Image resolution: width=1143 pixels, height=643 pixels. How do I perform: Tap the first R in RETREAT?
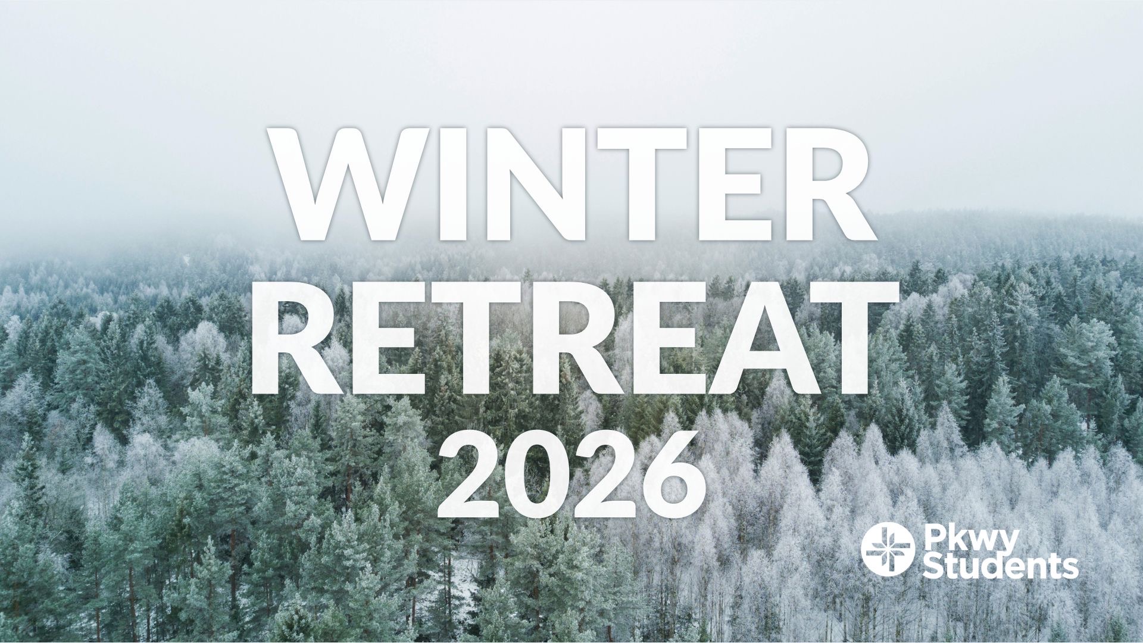299,338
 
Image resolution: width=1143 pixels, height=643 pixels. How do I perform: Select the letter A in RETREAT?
756,338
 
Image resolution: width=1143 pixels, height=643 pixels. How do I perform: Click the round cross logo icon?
888,550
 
